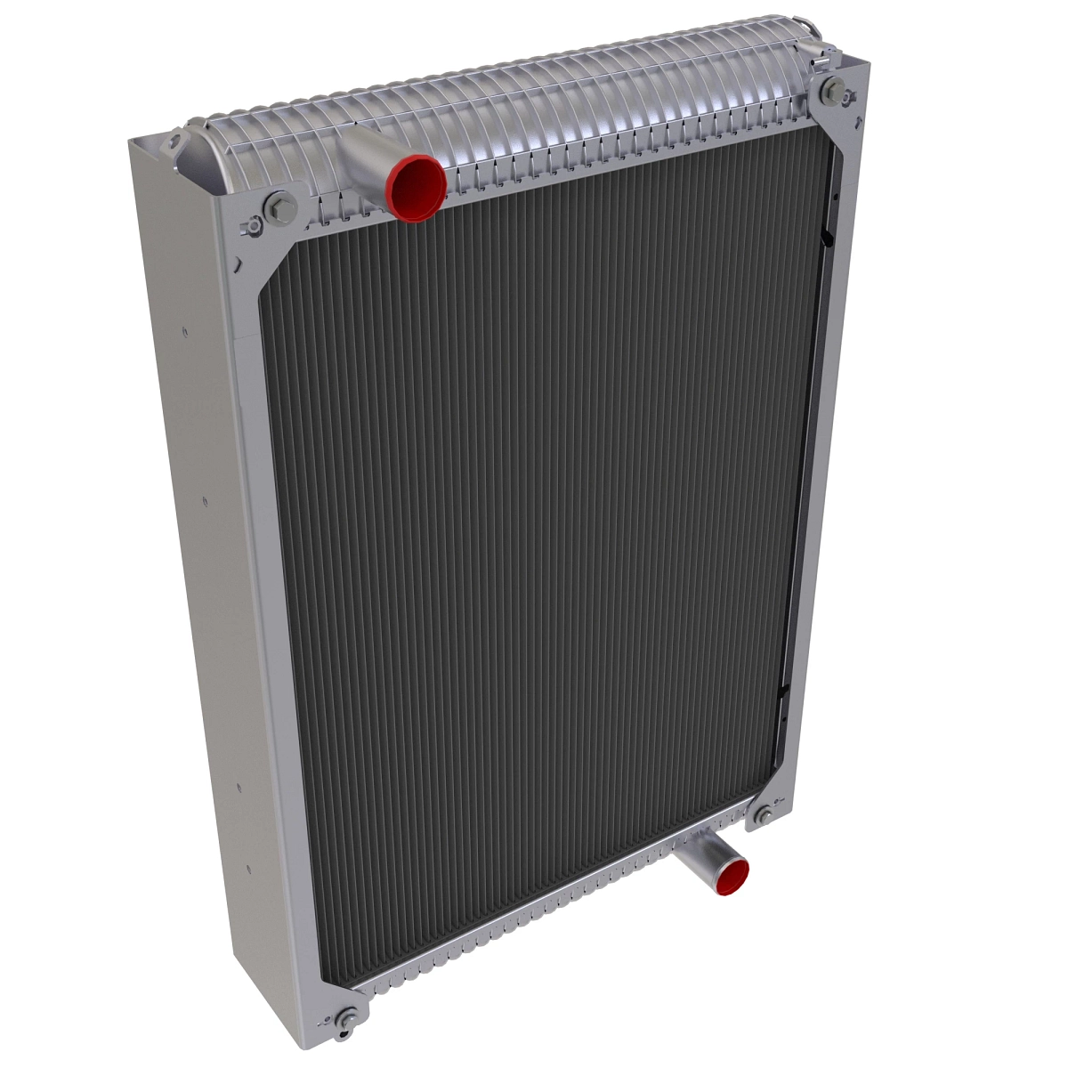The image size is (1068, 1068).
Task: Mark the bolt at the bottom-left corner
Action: point(351,1014)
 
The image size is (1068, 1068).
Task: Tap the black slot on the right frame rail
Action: point(827,239)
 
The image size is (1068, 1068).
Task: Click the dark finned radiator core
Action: point(534,534)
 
